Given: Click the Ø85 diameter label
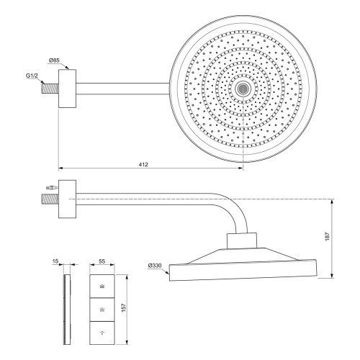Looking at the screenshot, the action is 54,60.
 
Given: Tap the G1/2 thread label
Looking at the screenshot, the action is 32,76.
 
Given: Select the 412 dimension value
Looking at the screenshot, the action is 143,164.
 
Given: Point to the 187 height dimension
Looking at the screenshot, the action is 328,236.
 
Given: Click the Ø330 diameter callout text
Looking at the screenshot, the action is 155,266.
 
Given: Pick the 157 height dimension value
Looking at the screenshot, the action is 124,308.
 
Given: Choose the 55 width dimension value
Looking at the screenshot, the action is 102,261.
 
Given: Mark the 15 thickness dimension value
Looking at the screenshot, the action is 55,261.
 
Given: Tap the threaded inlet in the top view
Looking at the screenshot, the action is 50,89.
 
